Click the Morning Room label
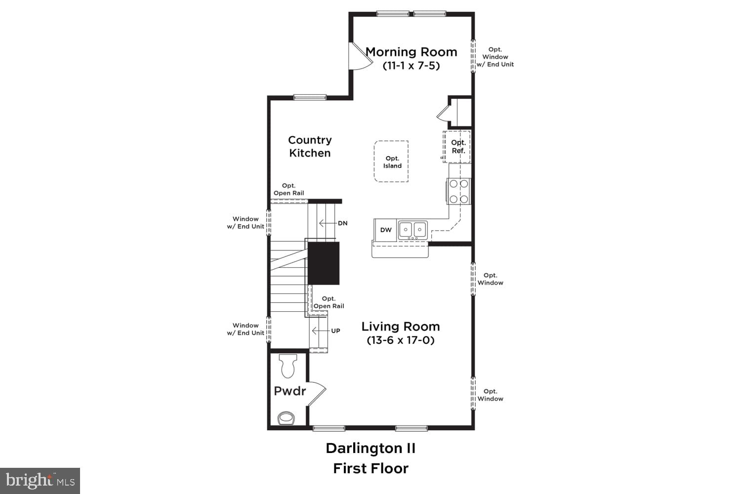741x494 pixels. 411,52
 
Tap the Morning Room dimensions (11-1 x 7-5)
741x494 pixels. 411,66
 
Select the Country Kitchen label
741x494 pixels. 310,147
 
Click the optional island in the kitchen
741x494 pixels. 392,162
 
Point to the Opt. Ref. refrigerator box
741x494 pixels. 457,147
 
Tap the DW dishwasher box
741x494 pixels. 386,230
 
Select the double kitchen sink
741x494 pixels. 413,230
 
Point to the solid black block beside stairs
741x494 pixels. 324,263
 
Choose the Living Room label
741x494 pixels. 401,327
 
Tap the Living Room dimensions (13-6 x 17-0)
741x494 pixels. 401,340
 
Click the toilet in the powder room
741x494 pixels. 288,366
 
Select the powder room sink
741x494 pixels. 286,418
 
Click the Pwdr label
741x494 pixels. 290,391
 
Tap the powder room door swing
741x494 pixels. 317,393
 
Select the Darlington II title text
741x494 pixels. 370,449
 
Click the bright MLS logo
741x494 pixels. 40,481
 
